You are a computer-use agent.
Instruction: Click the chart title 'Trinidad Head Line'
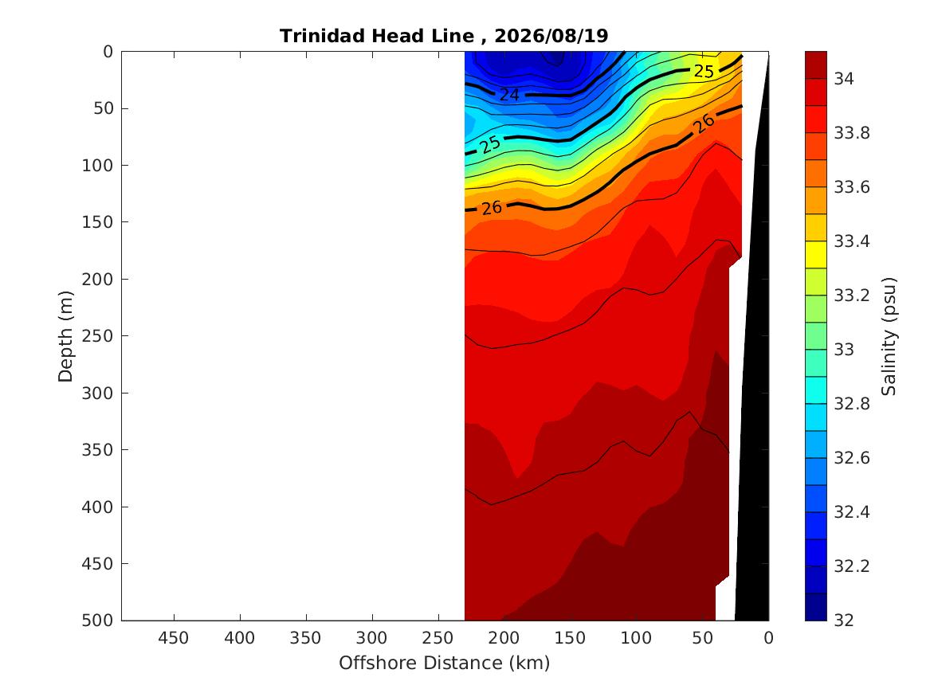(377, 36)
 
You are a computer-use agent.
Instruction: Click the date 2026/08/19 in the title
(551, 36)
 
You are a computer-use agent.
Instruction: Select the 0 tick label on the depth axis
(108, 52)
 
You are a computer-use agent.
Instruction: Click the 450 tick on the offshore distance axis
(173, 638)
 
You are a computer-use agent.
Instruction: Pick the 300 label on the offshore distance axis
(372, 638)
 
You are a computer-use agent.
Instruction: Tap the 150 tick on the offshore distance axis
(570, 638)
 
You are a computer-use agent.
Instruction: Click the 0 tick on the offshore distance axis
(769, 638)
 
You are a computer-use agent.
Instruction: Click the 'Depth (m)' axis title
(65, 336)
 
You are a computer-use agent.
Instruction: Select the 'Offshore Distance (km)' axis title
(445, 663)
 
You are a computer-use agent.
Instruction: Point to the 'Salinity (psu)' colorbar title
(889, 336)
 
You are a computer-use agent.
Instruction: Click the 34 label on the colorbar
(844, 79)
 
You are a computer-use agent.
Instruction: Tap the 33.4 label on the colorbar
(852, 241)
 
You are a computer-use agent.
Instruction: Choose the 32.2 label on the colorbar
(852, 566)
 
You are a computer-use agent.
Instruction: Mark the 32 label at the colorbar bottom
(844, 621)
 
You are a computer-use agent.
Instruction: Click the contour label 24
(509, 95)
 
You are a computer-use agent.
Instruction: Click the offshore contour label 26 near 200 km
(492, 208)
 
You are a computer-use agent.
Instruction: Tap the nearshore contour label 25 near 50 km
(704, 72)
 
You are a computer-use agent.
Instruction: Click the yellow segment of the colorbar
(815, 255)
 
